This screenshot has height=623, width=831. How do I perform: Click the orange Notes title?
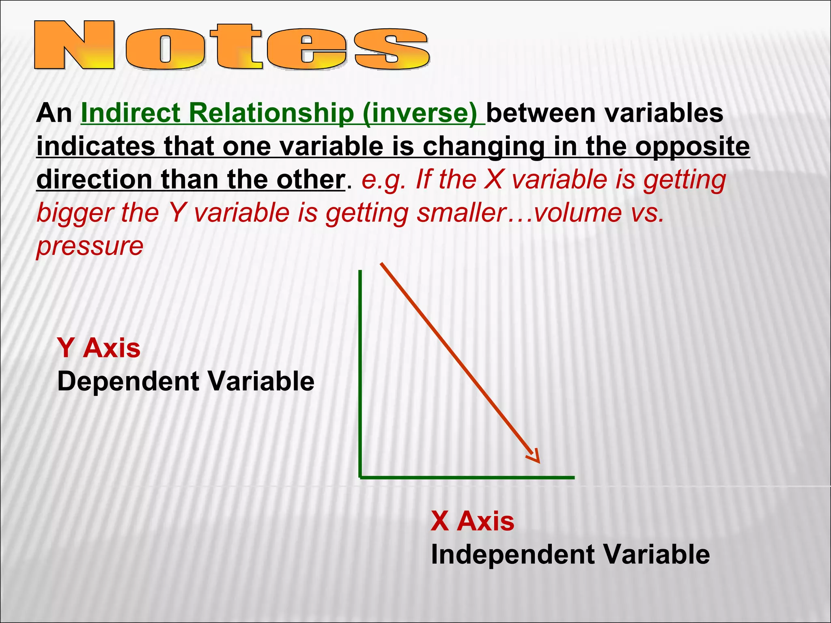pyautogui.click(x=231, y=45)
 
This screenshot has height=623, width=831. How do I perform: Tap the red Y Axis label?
pyautogui.click(x=99, y=348)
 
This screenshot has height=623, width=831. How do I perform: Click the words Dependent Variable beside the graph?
pyautogui.click(x=186, y=381)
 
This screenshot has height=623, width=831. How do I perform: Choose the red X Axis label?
pyautogui.click(x=472, y=521)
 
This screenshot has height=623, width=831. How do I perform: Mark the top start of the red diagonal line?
pyautogui.click(x=381, y=264)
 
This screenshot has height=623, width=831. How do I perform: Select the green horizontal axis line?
pyautogui.click(x=467, y=478)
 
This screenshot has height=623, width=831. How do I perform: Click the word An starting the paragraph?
pyautogui.click(x=54, y=113)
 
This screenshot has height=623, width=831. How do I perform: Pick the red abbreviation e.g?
pyautogui.click(x=383, y=180)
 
